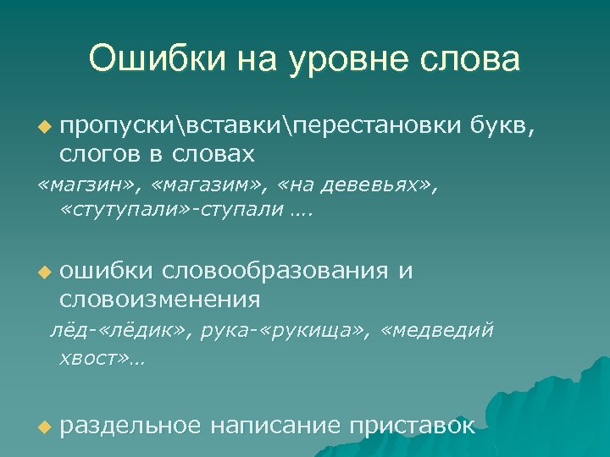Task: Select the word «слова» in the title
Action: tap(474, 59)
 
